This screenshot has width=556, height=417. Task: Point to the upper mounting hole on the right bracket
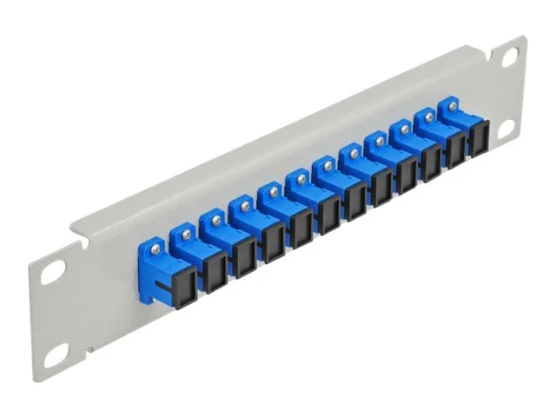509,56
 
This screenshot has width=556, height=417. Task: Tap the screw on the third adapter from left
245,205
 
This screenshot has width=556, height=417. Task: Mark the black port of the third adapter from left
245,253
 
